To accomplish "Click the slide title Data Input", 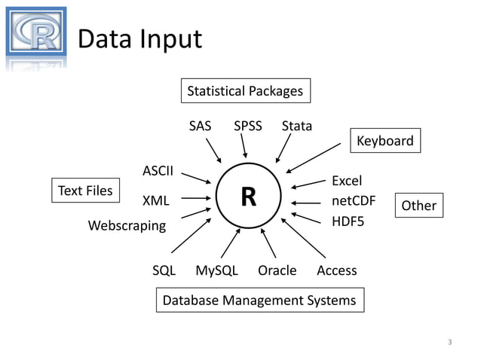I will [140, 38].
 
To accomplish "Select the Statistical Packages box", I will [245, 91].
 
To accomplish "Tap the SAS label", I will [200, 126].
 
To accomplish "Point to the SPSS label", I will [248, 126].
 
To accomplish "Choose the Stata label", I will [296, 126].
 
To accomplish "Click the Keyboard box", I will [384, 141].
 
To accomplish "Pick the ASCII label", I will [158, 170].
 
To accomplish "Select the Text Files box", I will [85, 191].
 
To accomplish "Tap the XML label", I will [156, 201].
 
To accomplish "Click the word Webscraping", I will [127, 225].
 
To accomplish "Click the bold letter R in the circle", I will [248, 197].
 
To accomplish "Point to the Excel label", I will [347, 181].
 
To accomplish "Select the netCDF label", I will [354, 201].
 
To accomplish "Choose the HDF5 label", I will [348, 222].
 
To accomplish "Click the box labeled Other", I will [419, 205].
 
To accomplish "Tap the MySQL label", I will [216, 270].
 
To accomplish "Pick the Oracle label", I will [277, 270].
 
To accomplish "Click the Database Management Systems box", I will [259, 301].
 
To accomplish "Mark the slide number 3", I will [449, 343].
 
